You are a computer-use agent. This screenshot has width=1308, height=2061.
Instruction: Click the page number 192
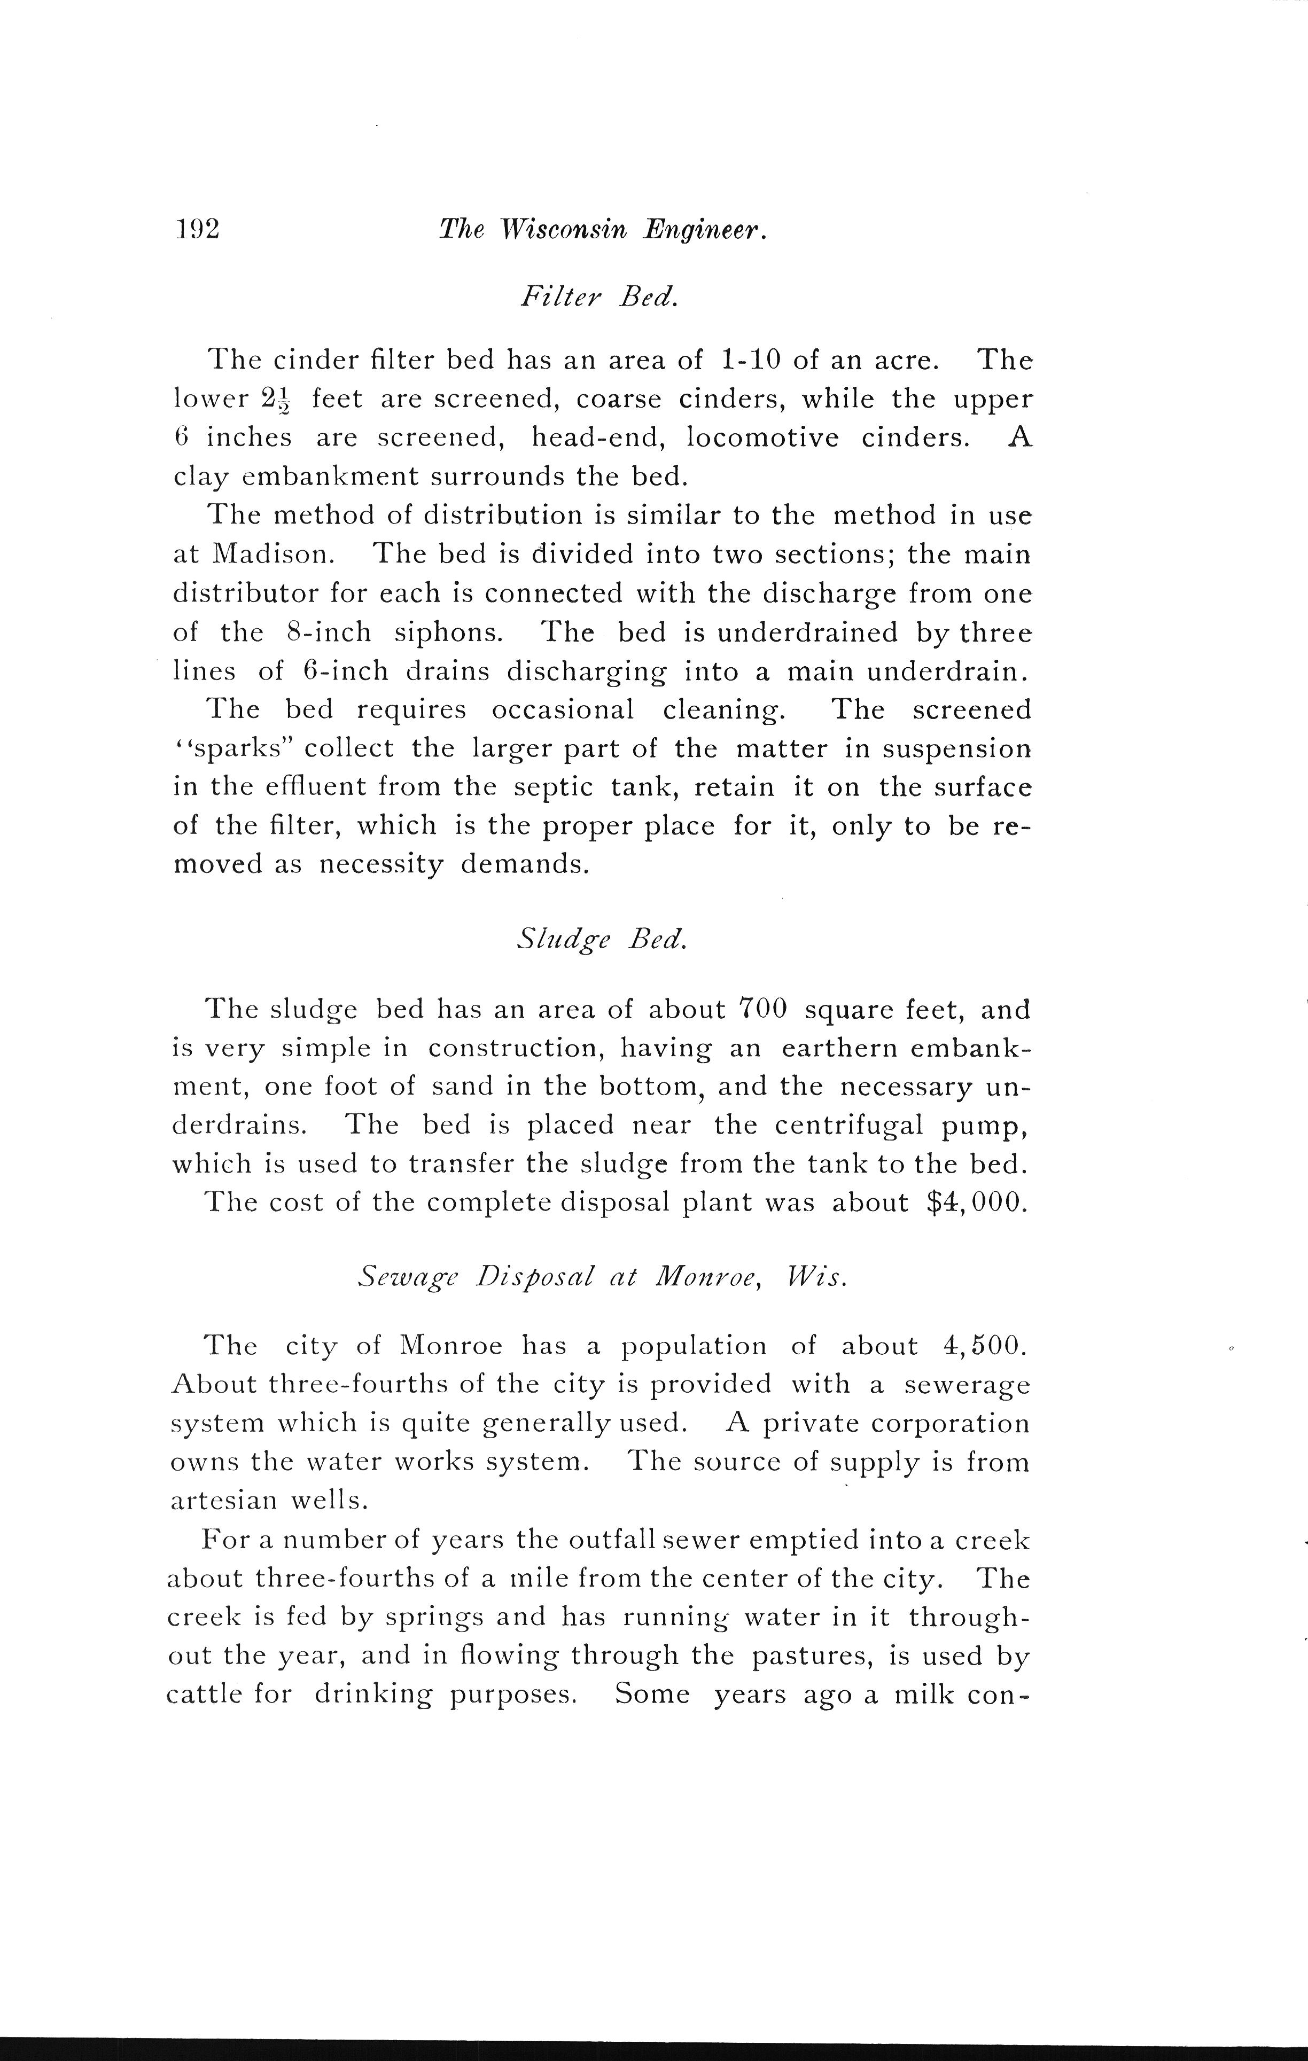click(197, 229)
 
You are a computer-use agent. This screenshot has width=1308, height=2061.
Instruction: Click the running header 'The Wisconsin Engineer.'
click(602, 229)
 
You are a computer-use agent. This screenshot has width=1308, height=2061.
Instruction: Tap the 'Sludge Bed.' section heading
click(602, 939)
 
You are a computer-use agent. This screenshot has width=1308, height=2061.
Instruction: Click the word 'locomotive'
click(762, 438)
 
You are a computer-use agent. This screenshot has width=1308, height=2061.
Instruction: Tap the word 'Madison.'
click(272, 555)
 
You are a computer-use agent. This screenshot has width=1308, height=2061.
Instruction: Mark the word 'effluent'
click(303, 787)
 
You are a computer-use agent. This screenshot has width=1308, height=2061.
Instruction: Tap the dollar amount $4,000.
click(976, 1203)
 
